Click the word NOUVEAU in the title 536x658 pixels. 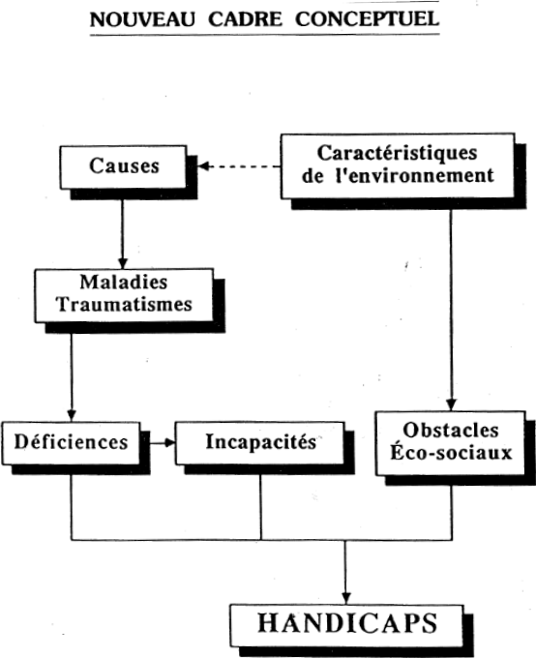143,19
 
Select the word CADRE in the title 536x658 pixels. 245,19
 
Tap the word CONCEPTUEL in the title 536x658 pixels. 368,19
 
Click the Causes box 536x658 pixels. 124,167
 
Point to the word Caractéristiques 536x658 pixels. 397,153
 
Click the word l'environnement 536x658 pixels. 415,175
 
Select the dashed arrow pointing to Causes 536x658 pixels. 239,166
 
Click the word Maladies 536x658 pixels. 124,282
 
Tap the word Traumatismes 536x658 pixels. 124,304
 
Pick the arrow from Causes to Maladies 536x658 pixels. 123,234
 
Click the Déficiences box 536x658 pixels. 71,443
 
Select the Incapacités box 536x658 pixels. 260,443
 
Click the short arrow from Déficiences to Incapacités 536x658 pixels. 163,443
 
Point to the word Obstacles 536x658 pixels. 451,431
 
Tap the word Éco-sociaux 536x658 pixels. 451,453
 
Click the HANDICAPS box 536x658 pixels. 346,626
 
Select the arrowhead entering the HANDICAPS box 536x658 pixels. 345,598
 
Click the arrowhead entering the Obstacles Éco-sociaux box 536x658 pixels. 451,404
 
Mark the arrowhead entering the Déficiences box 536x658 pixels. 72,415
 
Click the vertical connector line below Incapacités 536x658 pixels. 260,507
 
